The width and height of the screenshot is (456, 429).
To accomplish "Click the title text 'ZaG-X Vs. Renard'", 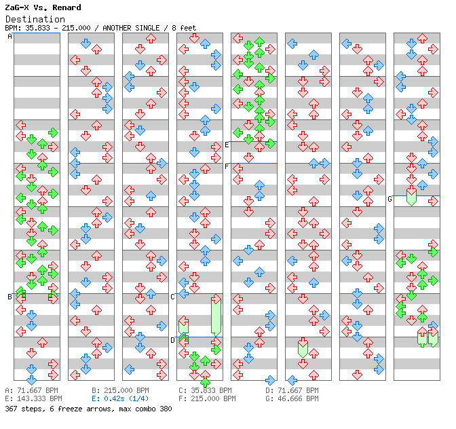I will [43, 7].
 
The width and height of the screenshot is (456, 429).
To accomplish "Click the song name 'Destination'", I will [35, 19].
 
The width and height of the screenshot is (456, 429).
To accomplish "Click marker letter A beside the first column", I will [9, 37].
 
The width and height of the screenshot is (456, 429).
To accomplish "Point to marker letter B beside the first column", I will [9, 297].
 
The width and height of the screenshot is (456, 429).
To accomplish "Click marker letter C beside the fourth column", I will [172, 297].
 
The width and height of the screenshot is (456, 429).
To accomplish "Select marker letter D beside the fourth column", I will [172, 340].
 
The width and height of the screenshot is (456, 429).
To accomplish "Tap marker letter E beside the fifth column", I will [227, 145].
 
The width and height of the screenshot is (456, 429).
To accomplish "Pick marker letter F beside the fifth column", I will [227, 166].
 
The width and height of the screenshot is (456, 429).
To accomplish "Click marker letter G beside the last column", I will [389, 199].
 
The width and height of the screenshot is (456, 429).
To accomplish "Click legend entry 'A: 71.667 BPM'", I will [33, 391].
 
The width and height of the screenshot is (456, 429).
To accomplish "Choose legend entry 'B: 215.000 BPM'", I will [120, 391].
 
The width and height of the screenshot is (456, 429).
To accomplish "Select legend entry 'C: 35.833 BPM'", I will [207, 391].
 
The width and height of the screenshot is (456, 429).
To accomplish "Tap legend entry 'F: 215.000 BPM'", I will [207, 399].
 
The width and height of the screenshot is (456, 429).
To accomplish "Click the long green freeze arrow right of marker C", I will [216, 316].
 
